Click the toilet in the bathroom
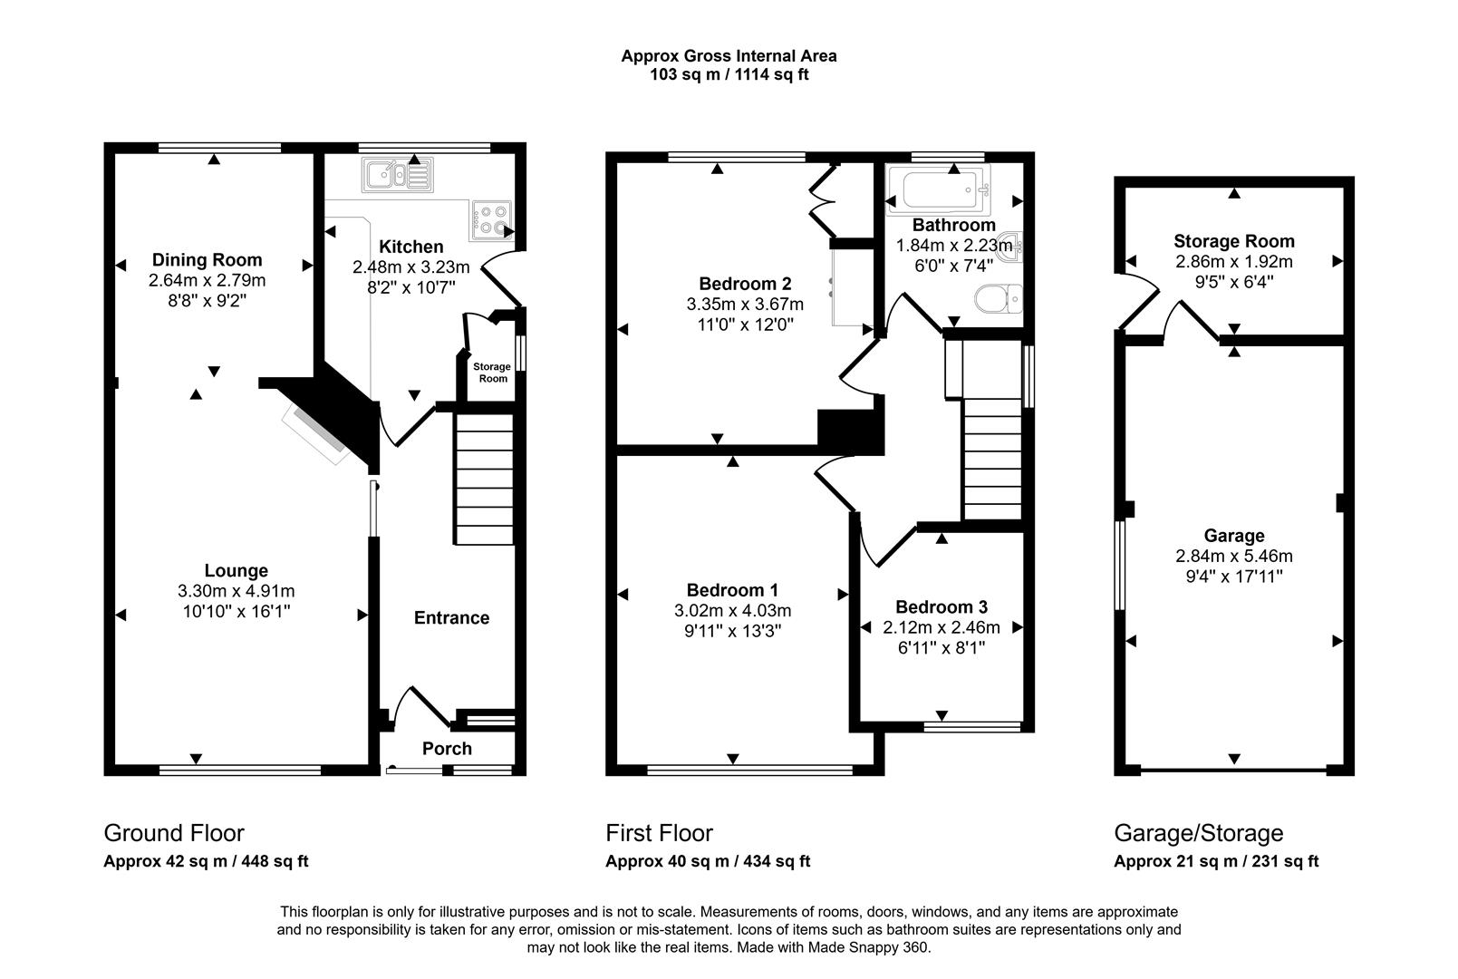[998, 298]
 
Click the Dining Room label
[207, 260]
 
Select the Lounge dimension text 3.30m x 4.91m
[237, 591]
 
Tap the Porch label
[447, 749]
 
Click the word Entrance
[451, 618]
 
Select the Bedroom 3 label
[941, 607]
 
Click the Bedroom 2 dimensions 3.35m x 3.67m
[745, 304]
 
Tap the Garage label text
[1234, 536]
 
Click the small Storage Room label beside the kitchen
[492, 373]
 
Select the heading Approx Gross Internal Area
[729, 56]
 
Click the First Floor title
[659, 833]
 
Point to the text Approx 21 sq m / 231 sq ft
[1216, 862]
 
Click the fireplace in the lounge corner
[317, 434]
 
